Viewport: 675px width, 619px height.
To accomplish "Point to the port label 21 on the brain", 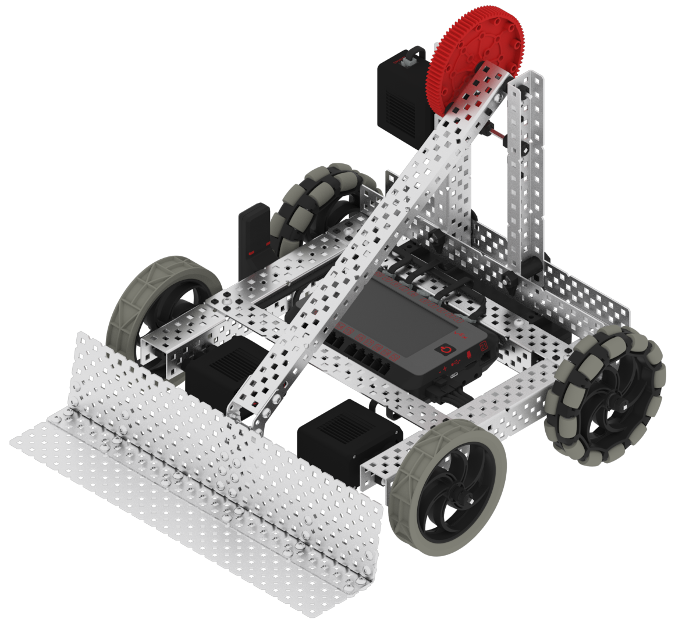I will [484, 345].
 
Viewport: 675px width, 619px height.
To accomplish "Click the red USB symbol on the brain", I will [457, 362].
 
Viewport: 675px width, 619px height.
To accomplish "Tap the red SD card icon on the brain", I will [469, 355].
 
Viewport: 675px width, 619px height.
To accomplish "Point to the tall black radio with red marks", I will [255, 238].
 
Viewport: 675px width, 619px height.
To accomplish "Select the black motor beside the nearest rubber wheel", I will [349, 436].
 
